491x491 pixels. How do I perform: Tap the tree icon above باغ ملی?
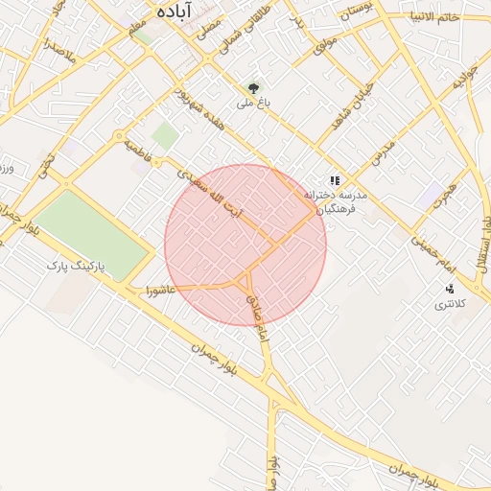pyautogui.click(x=253, y=86)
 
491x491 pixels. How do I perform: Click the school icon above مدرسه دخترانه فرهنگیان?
pyautogui.click(x=334, y=179)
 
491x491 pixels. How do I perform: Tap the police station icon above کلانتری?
pyautogui.click(x=449, y=288)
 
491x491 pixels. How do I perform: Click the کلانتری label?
pyautogui.click(x=449, y=304)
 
